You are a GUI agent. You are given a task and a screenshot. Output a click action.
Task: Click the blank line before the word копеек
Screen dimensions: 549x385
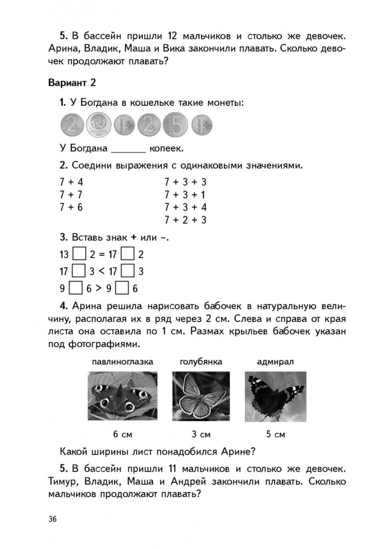click(129, 149)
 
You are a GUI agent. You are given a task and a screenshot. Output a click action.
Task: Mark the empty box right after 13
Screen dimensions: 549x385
click(79, 254)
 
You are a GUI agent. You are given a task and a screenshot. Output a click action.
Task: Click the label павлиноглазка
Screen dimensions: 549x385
click(122, 362)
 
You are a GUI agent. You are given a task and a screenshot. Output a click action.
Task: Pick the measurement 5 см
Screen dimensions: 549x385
click(275, 435)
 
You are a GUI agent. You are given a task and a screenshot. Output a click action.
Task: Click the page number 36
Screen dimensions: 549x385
click(53, 519)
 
